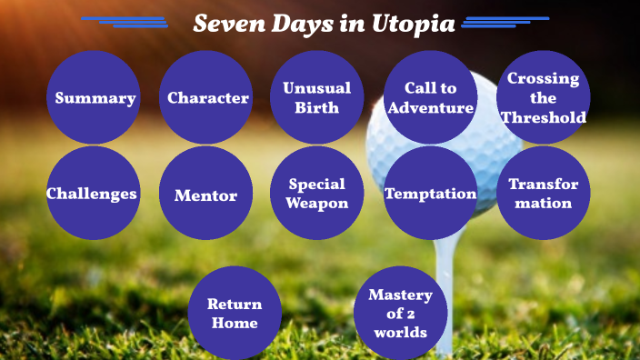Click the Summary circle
pyautogui.click(x=94, y=97)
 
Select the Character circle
pyautogui.click(x=207, y=97)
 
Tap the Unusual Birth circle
pyautogui.click(x=317, y=97)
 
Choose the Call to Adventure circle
pyautogui.click(x=430, y=97)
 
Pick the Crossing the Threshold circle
pyautogui.click(x=543, y=97)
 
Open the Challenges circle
pyautogui.click(x=93, y=193)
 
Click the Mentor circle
pyautogui.click(x=205, y=194)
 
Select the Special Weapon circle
pyautogui.click(x=317, y=193)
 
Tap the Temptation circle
pyautogui.click(x=430, y=193)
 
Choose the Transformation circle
pyautogui.click(x=543, y=193)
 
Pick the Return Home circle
pyautogui.click(x=234, y=313)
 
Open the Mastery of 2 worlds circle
pyautogui.click(x=400, y=313)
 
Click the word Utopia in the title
pyautogui.click(x=413, y=24)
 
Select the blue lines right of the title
pyautogui.click(x=505, y=21)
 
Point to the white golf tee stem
pyautogui.click(x=444, y=282)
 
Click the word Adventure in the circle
pyautogui.click(x=430, y=107)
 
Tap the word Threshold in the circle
pyautogui.click(x=544, y=116)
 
